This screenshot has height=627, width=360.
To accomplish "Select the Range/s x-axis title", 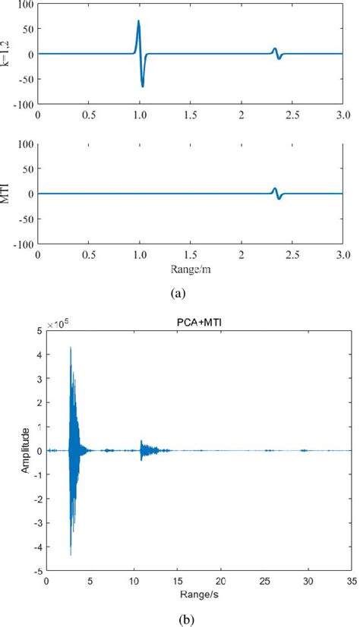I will tap(198, 592).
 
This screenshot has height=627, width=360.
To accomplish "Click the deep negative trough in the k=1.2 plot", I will tap(142, 86).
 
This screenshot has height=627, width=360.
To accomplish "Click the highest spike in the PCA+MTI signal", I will tap(70, 348).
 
